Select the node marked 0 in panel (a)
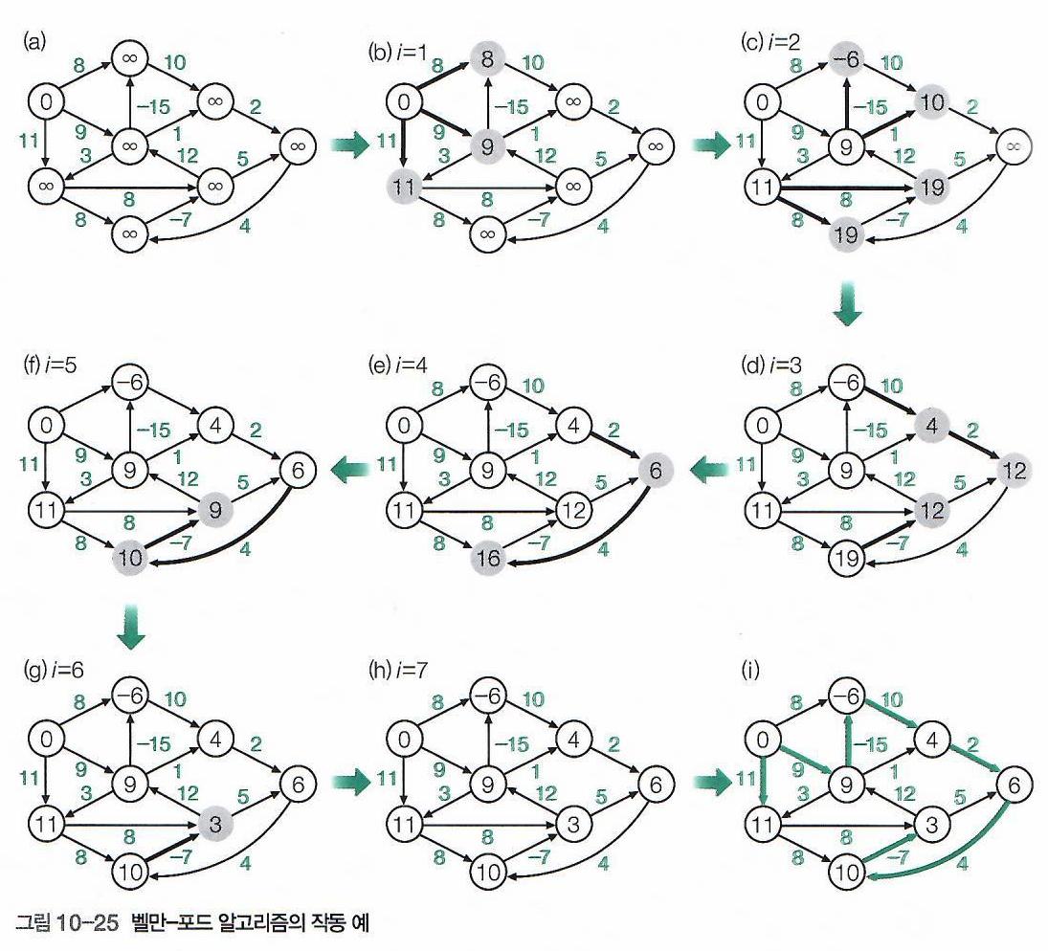click(45, 100)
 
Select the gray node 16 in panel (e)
click(488, 555)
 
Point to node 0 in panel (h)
click(406, 738)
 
